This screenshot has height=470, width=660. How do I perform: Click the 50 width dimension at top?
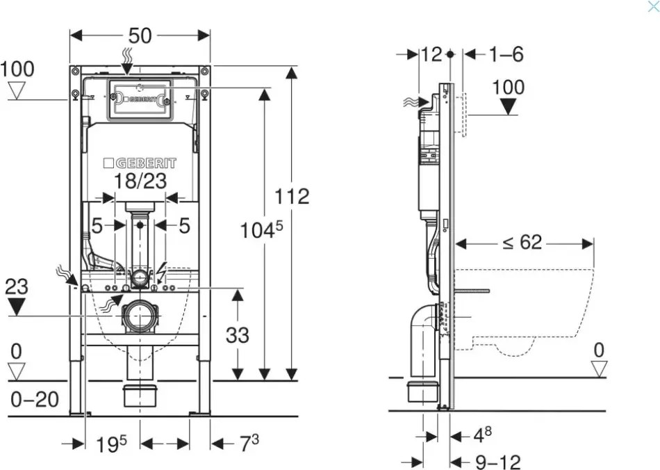pyautogui.click(x=140, y=36)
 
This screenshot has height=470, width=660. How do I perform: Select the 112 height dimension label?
pyautogui.click(x=292, y=197)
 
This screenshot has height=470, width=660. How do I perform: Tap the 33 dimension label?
pyautogui.click(x=238, y=336)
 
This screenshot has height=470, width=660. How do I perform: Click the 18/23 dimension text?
pyautogui.click(x=140, y=181)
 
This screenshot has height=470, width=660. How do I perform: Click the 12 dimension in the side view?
pyautogui.click(x=431, y=54)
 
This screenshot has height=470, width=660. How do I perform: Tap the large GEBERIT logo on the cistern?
pyautogui.click(x=140, y=163)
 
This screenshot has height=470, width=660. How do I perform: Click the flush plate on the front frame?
pyautogui.click(x=140, y=99)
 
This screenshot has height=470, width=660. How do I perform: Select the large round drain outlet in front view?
pyautogui.click(x=140, y=316)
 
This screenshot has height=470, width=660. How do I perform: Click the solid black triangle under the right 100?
pyautogui.click(x=509, y=106)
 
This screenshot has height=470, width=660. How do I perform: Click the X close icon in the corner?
pyautogui.click(x=652, y=7)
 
